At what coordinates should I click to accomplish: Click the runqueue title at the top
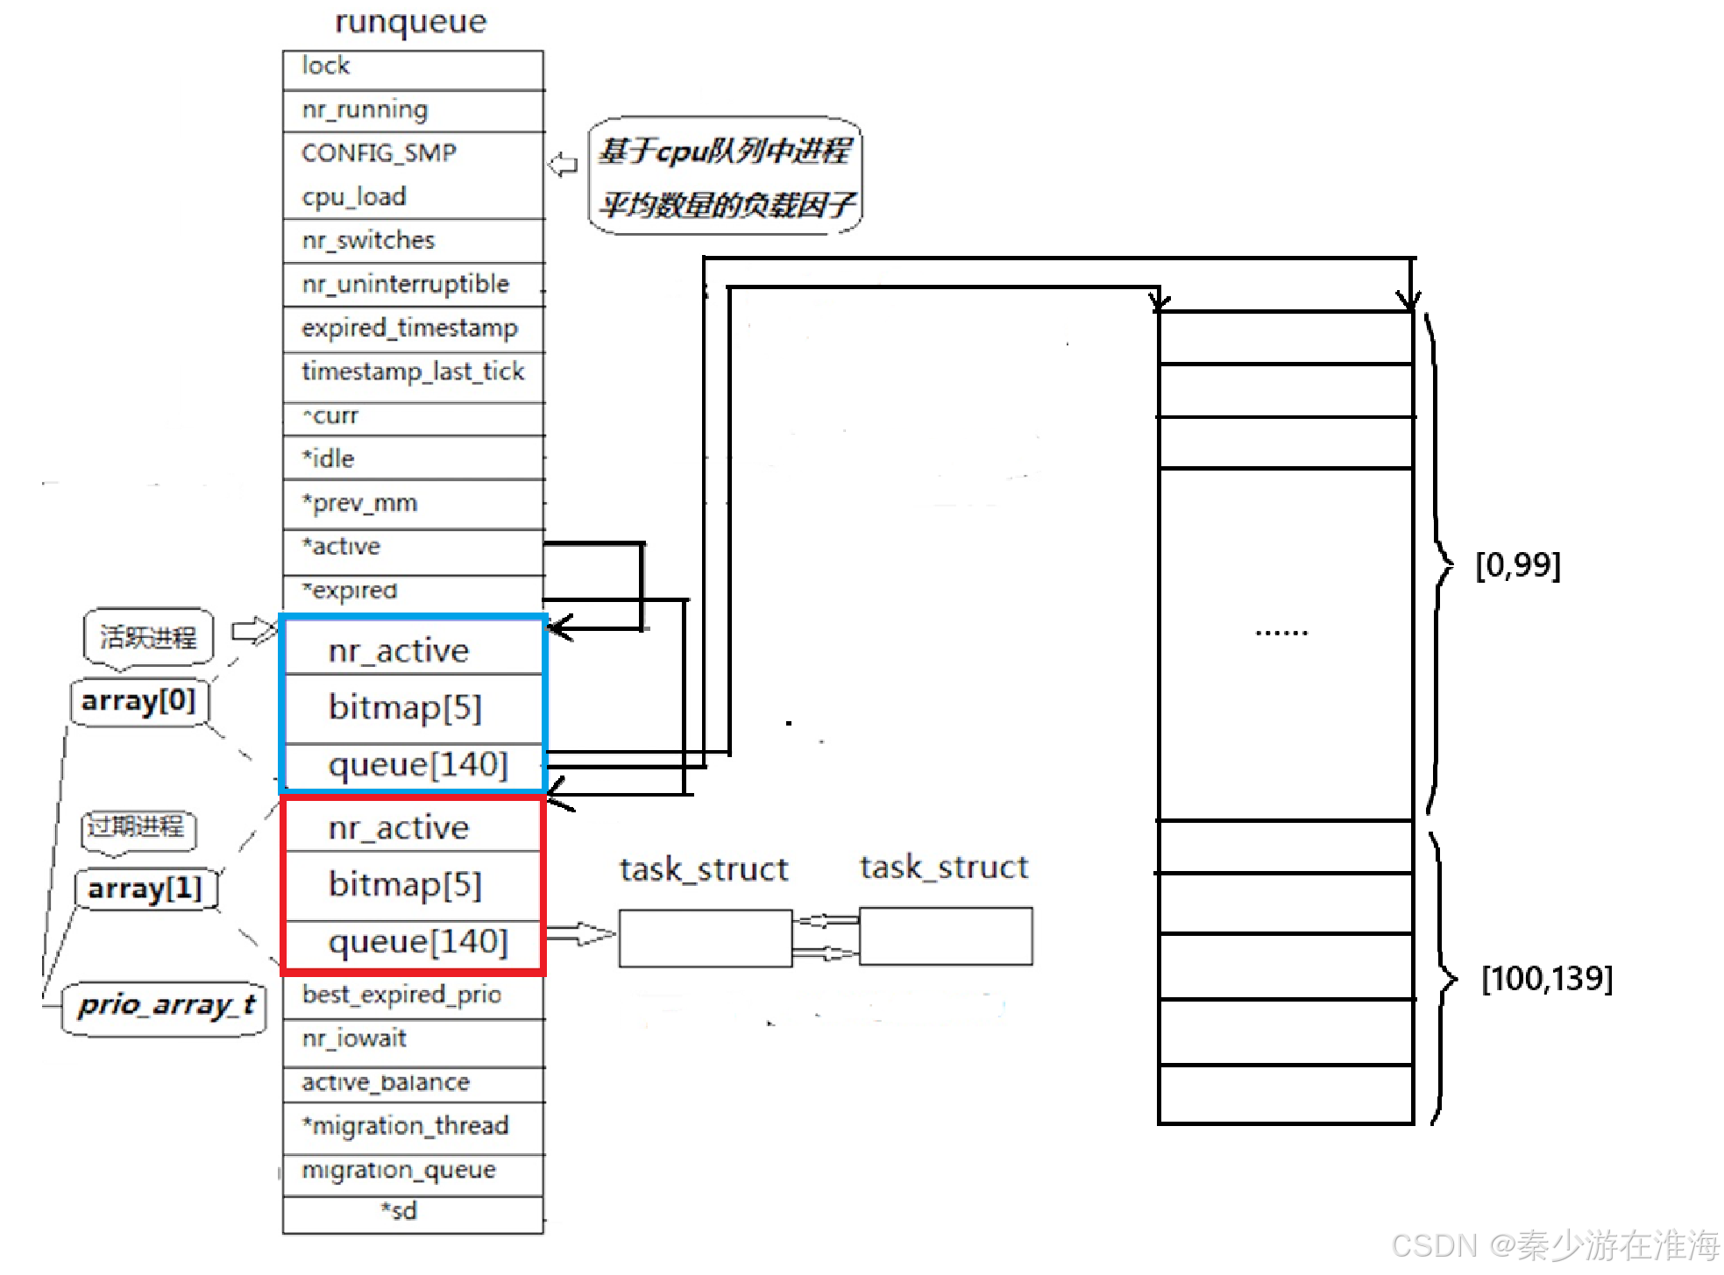pos(410,22)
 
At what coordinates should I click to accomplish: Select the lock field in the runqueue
pos(413,67)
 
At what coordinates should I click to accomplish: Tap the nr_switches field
pos(413,240)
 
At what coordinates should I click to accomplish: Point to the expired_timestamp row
pos(413,329)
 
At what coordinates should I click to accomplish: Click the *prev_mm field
pos(413,503)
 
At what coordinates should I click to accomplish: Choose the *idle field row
pos(413,458)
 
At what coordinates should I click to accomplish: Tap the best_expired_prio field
pos(413,995)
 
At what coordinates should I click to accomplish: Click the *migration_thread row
pos(413,1126)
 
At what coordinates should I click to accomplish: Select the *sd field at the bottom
pos(400,1212)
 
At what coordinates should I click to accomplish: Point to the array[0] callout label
pos(138,701)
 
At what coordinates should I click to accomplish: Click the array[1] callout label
pos(145,889)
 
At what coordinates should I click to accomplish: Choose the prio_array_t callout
pos(165,1005)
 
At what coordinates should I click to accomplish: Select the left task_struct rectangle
pos(705,938)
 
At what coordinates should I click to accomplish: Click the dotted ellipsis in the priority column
pos(1281,632)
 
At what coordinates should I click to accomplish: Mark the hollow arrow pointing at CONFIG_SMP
pos(563,165)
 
